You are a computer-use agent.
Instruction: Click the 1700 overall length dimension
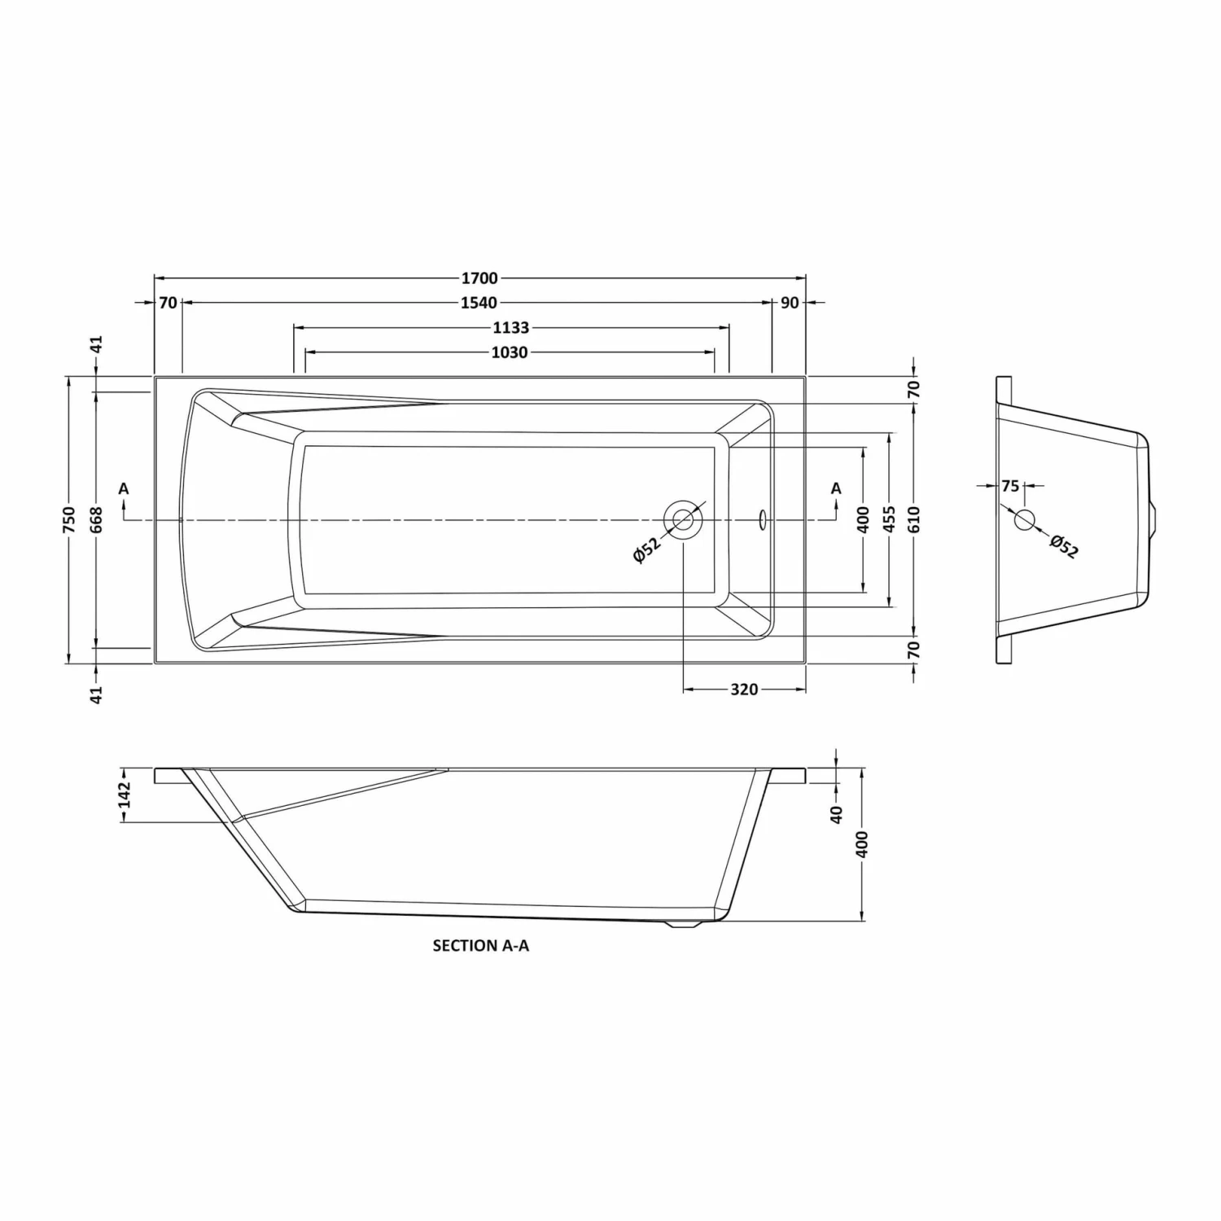coord(479,279)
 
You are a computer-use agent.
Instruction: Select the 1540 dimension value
coord(479,304)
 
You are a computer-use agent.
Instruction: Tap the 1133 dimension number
coord(511,328)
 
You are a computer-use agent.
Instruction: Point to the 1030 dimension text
coord(510,352)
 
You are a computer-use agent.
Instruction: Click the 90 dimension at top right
coord(790,304)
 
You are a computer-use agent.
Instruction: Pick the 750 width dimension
coord(69,519)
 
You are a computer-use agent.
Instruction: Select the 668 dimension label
coord(96,519)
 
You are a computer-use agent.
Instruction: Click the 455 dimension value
coord(889,519)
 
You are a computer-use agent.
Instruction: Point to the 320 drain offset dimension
coord(744,689)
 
